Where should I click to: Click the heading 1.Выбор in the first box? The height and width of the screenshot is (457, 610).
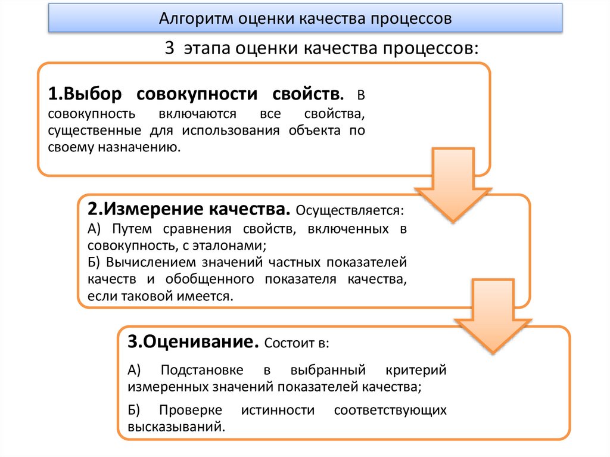point(85,94)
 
